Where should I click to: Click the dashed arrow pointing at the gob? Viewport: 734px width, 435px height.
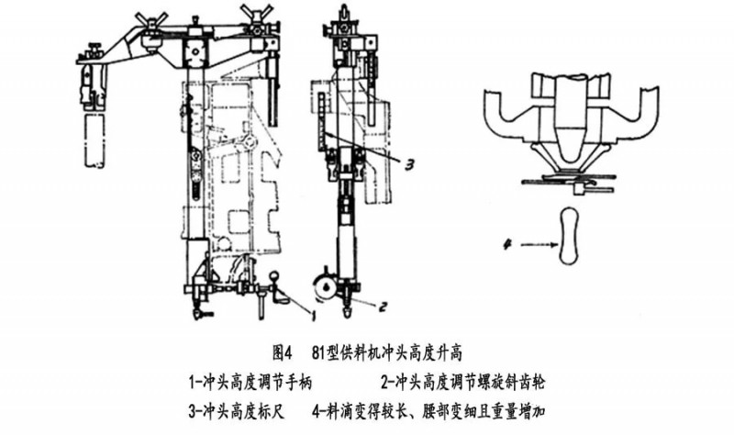pos(536,244)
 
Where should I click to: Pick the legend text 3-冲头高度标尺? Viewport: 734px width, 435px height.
pos(235,407)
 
